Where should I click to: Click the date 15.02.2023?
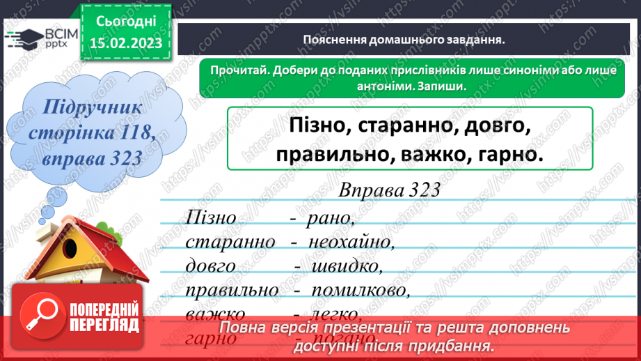click(x=125, y=43)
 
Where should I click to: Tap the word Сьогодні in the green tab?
click(x=125, y=21)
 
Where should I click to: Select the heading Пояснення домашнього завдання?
click(x=403, y=40)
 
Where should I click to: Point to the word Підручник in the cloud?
click(x=92, y=108)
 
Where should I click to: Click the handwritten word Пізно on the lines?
click(x=212, y=218)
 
